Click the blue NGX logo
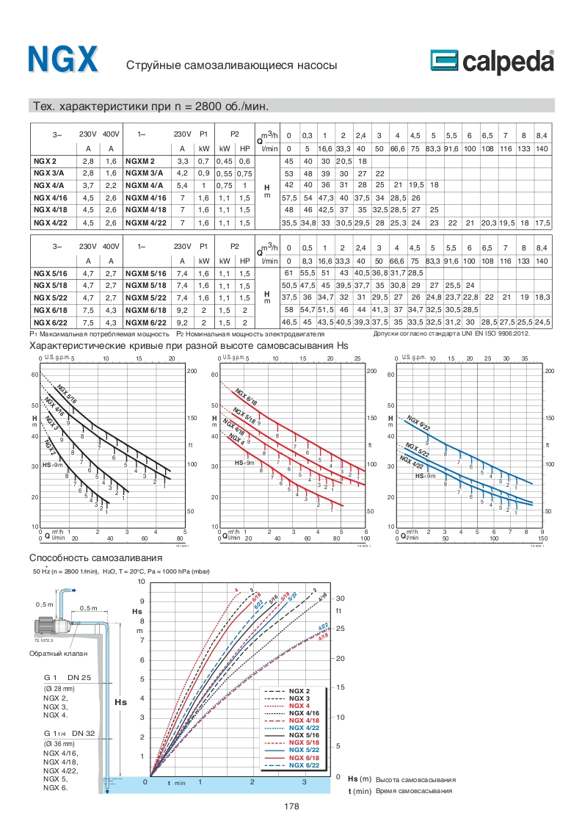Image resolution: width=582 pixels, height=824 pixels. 62,59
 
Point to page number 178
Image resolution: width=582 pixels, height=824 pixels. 291,806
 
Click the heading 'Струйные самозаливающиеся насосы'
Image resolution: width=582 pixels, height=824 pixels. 231,65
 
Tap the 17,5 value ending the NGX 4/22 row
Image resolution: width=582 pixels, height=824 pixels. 542,223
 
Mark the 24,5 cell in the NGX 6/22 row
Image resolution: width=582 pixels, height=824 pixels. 542,322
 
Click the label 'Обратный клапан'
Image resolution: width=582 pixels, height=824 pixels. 59,653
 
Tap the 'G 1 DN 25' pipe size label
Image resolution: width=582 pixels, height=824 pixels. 67,676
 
